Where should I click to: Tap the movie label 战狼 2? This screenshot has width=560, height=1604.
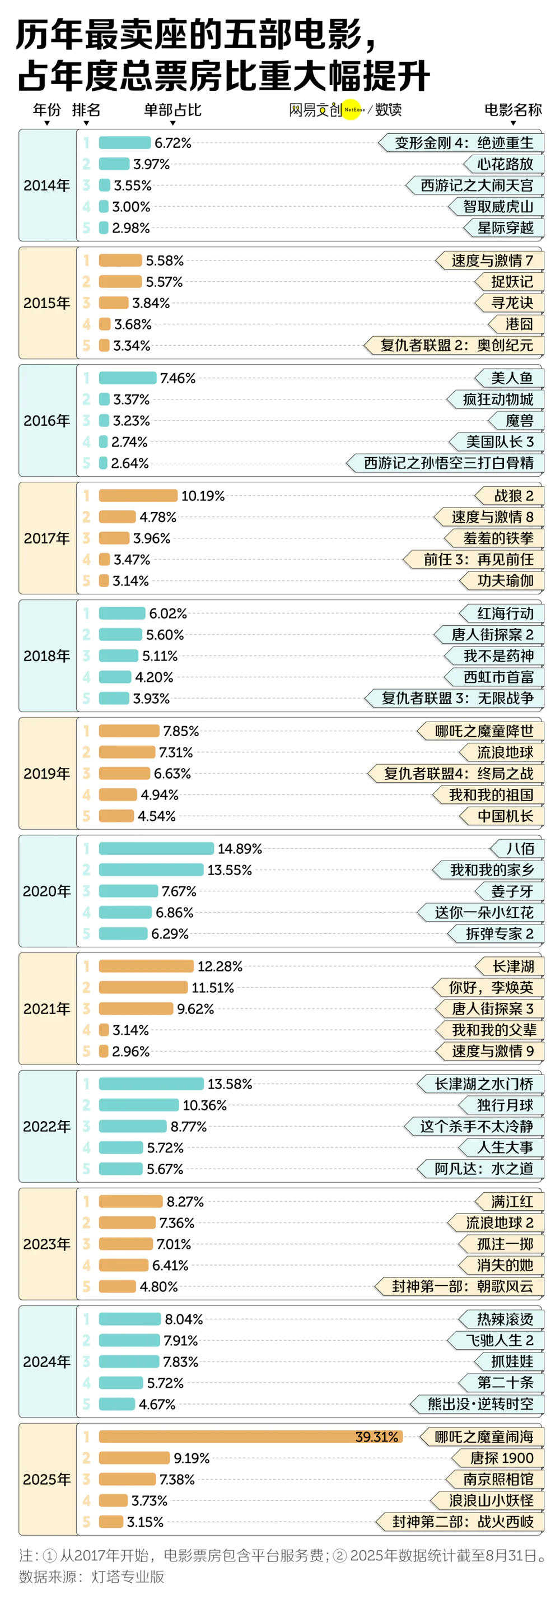click(x=513, y=496)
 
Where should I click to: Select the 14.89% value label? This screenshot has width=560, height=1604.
click(x=240, y=849)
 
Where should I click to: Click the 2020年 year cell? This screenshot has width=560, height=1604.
click(x=46, y=891)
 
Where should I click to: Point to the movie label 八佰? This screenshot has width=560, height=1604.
click(x=520, y=849)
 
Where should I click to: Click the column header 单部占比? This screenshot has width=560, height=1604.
click(x=172, y=110)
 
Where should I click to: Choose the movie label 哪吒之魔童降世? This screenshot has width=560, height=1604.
click(x=483, y=731)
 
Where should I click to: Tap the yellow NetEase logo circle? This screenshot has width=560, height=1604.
click(x=352, y=110)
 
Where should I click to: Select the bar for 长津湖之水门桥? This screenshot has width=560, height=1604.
click(x=151, y=1084)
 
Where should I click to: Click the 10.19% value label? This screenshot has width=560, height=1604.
click(x=203, y=496)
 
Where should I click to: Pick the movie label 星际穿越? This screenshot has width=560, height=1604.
click(x=505, y=228)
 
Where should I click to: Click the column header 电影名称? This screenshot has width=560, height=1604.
click(x=513, y=110)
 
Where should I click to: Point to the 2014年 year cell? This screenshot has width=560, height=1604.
click(x=46, y=185)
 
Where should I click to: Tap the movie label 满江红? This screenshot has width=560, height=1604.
click(x=511, y=1202)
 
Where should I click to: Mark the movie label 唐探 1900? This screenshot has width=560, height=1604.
click(x=502, y=1458)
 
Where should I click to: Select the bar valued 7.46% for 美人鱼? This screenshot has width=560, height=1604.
click(x=128, y=378)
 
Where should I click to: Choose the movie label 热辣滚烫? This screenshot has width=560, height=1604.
click(x=505, y=1319)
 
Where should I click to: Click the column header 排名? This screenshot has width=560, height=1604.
click(x=86, y=110)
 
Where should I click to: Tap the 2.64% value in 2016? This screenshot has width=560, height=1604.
click(x=130, y=463)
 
